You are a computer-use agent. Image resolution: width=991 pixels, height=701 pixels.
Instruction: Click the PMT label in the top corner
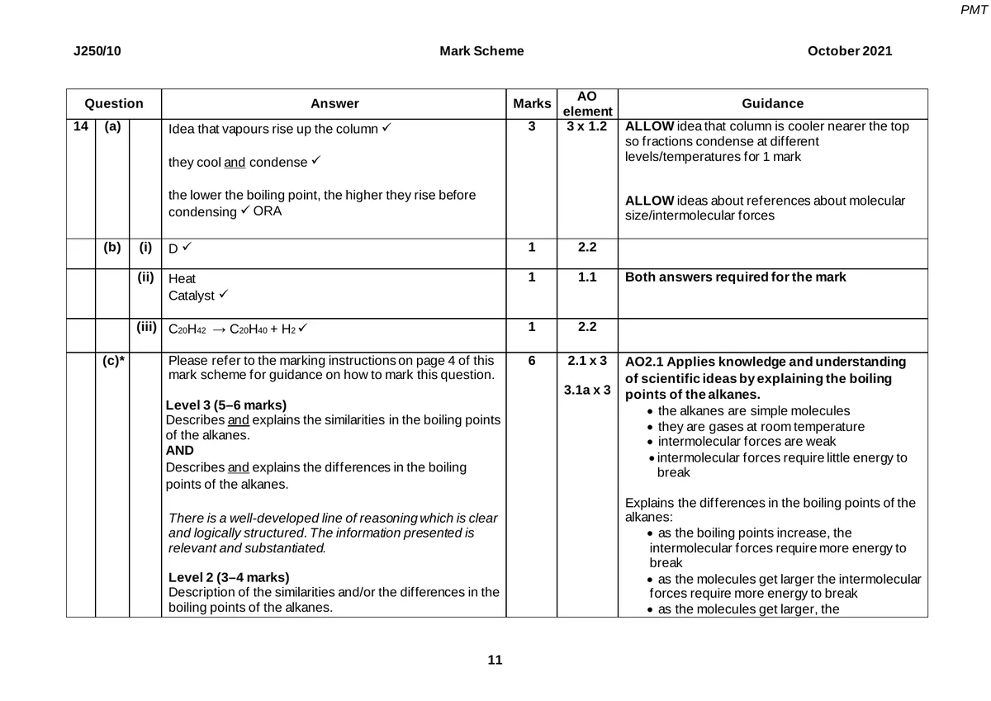975,9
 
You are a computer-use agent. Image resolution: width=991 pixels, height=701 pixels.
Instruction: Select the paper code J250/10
97,51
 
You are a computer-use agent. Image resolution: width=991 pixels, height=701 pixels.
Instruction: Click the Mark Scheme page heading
481,51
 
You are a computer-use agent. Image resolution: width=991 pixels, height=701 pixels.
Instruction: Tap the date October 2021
849,51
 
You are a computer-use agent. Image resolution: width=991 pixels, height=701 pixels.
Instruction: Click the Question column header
114,104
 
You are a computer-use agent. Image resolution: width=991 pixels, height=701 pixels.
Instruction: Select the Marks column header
532,104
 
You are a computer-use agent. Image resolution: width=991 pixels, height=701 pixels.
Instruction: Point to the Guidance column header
772,104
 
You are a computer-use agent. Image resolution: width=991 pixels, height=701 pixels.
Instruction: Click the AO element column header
587,104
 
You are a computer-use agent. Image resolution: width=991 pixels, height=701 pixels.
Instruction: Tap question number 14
80,127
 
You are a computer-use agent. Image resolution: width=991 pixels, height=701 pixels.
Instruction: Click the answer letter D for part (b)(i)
173,249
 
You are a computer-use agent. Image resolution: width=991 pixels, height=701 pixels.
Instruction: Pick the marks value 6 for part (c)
532,362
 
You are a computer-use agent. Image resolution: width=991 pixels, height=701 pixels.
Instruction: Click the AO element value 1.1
587,277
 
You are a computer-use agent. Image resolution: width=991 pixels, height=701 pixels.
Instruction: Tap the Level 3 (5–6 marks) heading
226,405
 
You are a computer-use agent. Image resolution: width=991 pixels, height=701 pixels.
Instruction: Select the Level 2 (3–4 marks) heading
229,576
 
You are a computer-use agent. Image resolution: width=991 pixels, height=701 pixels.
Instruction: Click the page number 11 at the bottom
495,660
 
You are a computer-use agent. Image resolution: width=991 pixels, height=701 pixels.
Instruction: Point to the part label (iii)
146,328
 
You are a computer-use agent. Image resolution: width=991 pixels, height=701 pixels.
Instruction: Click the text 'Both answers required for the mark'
735,277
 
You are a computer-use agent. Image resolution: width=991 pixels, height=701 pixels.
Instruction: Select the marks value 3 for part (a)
532,127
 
